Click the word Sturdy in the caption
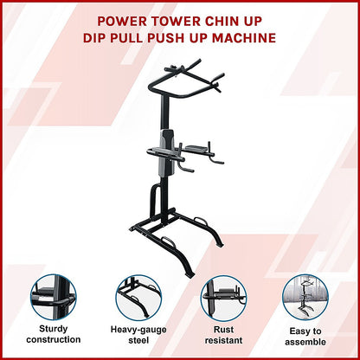[54, 330]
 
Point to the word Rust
[222, 330]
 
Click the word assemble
[305, 342]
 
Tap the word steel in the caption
[137, 342]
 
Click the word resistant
[222, 342]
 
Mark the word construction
[54, 342]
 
